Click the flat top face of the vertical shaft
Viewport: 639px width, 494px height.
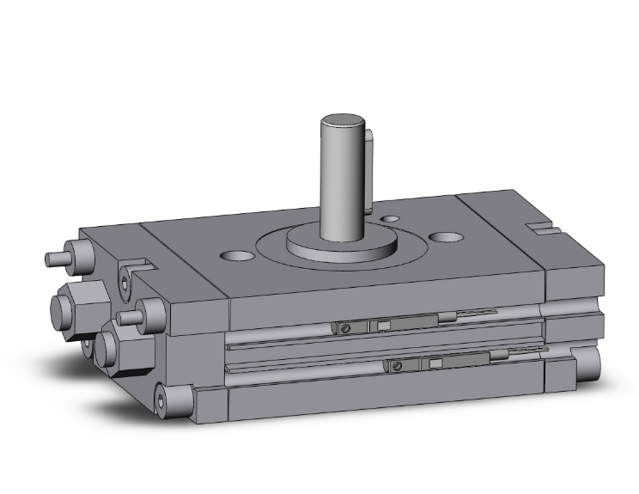tap(341, 121)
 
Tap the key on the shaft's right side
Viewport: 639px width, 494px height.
tap(369, 172)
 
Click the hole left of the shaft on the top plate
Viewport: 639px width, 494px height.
tap(237, 255)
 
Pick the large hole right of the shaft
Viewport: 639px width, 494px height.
tap(446, 235)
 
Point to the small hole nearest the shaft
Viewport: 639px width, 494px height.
tap(391, 219)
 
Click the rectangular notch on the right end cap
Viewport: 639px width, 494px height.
tap(542, 229)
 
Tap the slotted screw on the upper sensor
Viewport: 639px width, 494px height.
tap(345, 327)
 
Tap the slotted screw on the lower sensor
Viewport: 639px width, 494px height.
tap(398, 366)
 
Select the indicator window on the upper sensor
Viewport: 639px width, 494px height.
tap(383, 325)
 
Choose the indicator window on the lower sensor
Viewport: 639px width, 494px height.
tap(435, 363)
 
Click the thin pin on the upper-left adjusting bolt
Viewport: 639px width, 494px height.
tap(55, 257)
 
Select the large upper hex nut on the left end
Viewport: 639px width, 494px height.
tap(74, 302)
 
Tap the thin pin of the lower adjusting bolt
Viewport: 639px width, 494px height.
tap(127, 318)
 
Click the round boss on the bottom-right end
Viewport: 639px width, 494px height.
tap(588, 365)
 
